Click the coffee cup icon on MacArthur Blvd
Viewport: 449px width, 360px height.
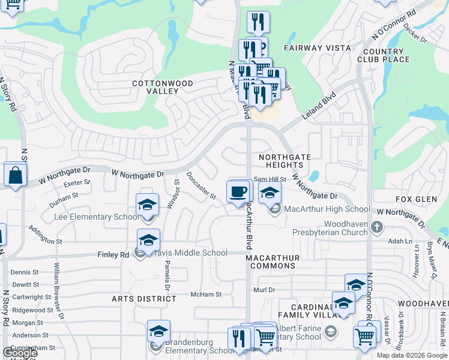click(x=239, y=192)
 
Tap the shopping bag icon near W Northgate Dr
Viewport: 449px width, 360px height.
click(x=15, y=175)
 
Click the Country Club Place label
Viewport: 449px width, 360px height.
click(x=384, y=56)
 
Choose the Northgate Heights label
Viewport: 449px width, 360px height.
click(x=285, y=161)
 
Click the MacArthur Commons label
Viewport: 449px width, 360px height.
click(x=273, y=261)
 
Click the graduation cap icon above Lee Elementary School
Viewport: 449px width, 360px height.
click(x=147, y=205)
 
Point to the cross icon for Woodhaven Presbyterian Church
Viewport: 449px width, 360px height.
click(x=376, y=227)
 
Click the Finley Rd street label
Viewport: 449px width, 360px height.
click(x=113, y=254)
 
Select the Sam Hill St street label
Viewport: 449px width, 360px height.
click(x=270, y=179)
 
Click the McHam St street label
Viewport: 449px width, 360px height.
click(x=206, y=295)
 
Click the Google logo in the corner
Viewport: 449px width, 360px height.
click(x=20, y=352)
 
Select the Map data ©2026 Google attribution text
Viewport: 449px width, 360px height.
click(x=412, y=355)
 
